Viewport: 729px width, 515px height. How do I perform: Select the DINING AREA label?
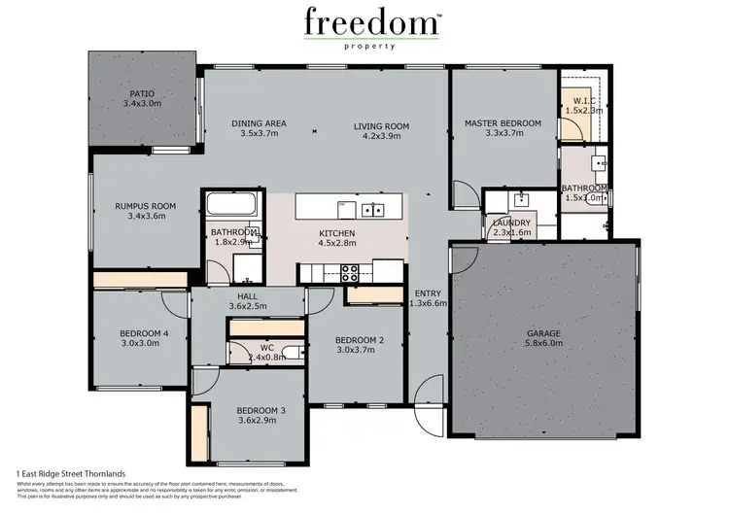pyautogui.click(x=259, y=123)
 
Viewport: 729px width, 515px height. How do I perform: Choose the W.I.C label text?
pyautogui.click(x=583, y=100)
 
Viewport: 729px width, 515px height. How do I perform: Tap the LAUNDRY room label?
pyautogui.click(x=511, y=223)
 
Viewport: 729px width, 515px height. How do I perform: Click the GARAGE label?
pyautogui.click(x=543, y=333)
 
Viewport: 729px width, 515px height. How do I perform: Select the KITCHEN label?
pyautogui.click(x=337, y=234)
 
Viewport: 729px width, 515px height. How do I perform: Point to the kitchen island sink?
pyautogui.click(x=372, y=209)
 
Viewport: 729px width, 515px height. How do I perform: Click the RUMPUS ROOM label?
pyautogui.click(x=145, y=206)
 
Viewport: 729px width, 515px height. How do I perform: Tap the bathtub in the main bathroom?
pyautogui.click(x=232, y=206)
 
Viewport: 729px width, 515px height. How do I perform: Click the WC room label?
pyautogui.click(x=266, y=347)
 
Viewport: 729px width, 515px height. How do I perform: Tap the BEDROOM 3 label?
pyautogui.click(x=261, y=411)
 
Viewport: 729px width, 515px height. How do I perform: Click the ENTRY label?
pyautogui.click(x=429, y=292)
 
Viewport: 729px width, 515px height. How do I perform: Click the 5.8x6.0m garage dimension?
pyautogui.click(x=543, y=344)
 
